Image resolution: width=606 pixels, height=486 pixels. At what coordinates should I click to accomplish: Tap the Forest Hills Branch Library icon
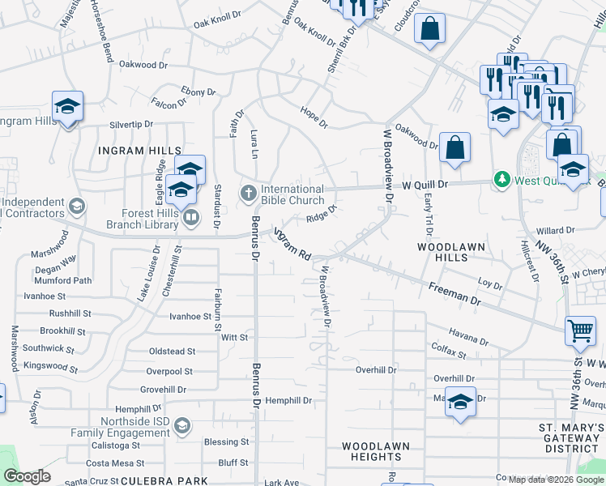point(191,216)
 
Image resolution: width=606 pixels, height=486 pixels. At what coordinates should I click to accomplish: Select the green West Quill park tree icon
point(502,179)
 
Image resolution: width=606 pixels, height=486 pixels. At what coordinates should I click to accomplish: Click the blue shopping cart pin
point(580,330)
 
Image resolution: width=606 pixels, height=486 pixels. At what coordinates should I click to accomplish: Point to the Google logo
point(28,476)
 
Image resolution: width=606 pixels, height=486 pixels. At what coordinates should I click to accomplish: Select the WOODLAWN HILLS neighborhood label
point(442,250)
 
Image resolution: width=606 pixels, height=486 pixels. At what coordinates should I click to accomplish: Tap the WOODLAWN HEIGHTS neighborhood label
point(375,451)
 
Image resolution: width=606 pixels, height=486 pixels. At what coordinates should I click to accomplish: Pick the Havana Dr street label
point(469,336)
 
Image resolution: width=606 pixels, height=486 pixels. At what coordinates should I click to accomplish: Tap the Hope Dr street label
point(313,117)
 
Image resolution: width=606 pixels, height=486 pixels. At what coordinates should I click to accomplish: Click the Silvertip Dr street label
point(131,125)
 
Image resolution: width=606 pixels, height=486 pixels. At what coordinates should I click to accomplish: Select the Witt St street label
point(233,337)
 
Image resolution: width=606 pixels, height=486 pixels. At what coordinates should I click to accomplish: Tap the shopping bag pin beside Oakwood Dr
point(455,148)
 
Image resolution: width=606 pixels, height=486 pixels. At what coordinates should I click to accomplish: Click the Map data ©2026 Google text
point(556,479)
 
